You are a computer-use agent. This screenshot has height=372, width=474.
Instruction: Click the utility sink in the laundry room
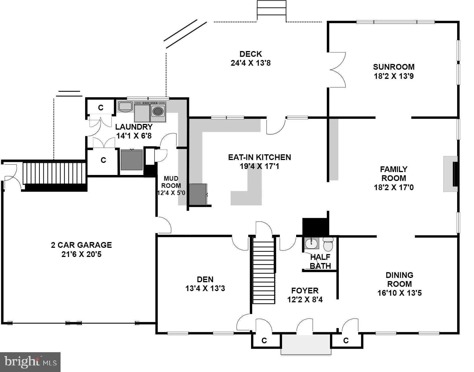coord(126,106)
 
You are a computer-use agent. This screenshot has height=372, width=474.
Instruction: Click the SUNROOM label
coord(394,67)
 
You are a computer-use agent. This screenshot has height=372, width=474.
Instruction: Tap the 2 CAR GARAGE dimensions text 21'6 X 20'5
coord(81,254)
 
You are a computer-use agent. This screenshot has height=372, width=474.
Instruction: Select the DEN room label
coord(205,279)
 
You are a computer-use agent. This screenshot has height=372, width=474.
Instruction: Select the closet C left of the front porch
coord(264,340)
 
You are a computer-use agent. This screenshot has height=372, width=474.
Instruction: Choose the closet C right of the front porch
coord(346,340)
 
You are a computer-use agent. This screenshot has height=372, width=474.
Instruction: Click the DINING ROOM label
coord(399,280)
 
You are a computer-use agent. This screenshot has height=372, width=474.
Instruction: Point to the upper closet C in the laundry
coord(101,108)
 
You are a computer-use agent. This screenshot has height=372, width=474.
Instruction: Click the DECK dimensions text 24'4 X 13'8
coord(250,63)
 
